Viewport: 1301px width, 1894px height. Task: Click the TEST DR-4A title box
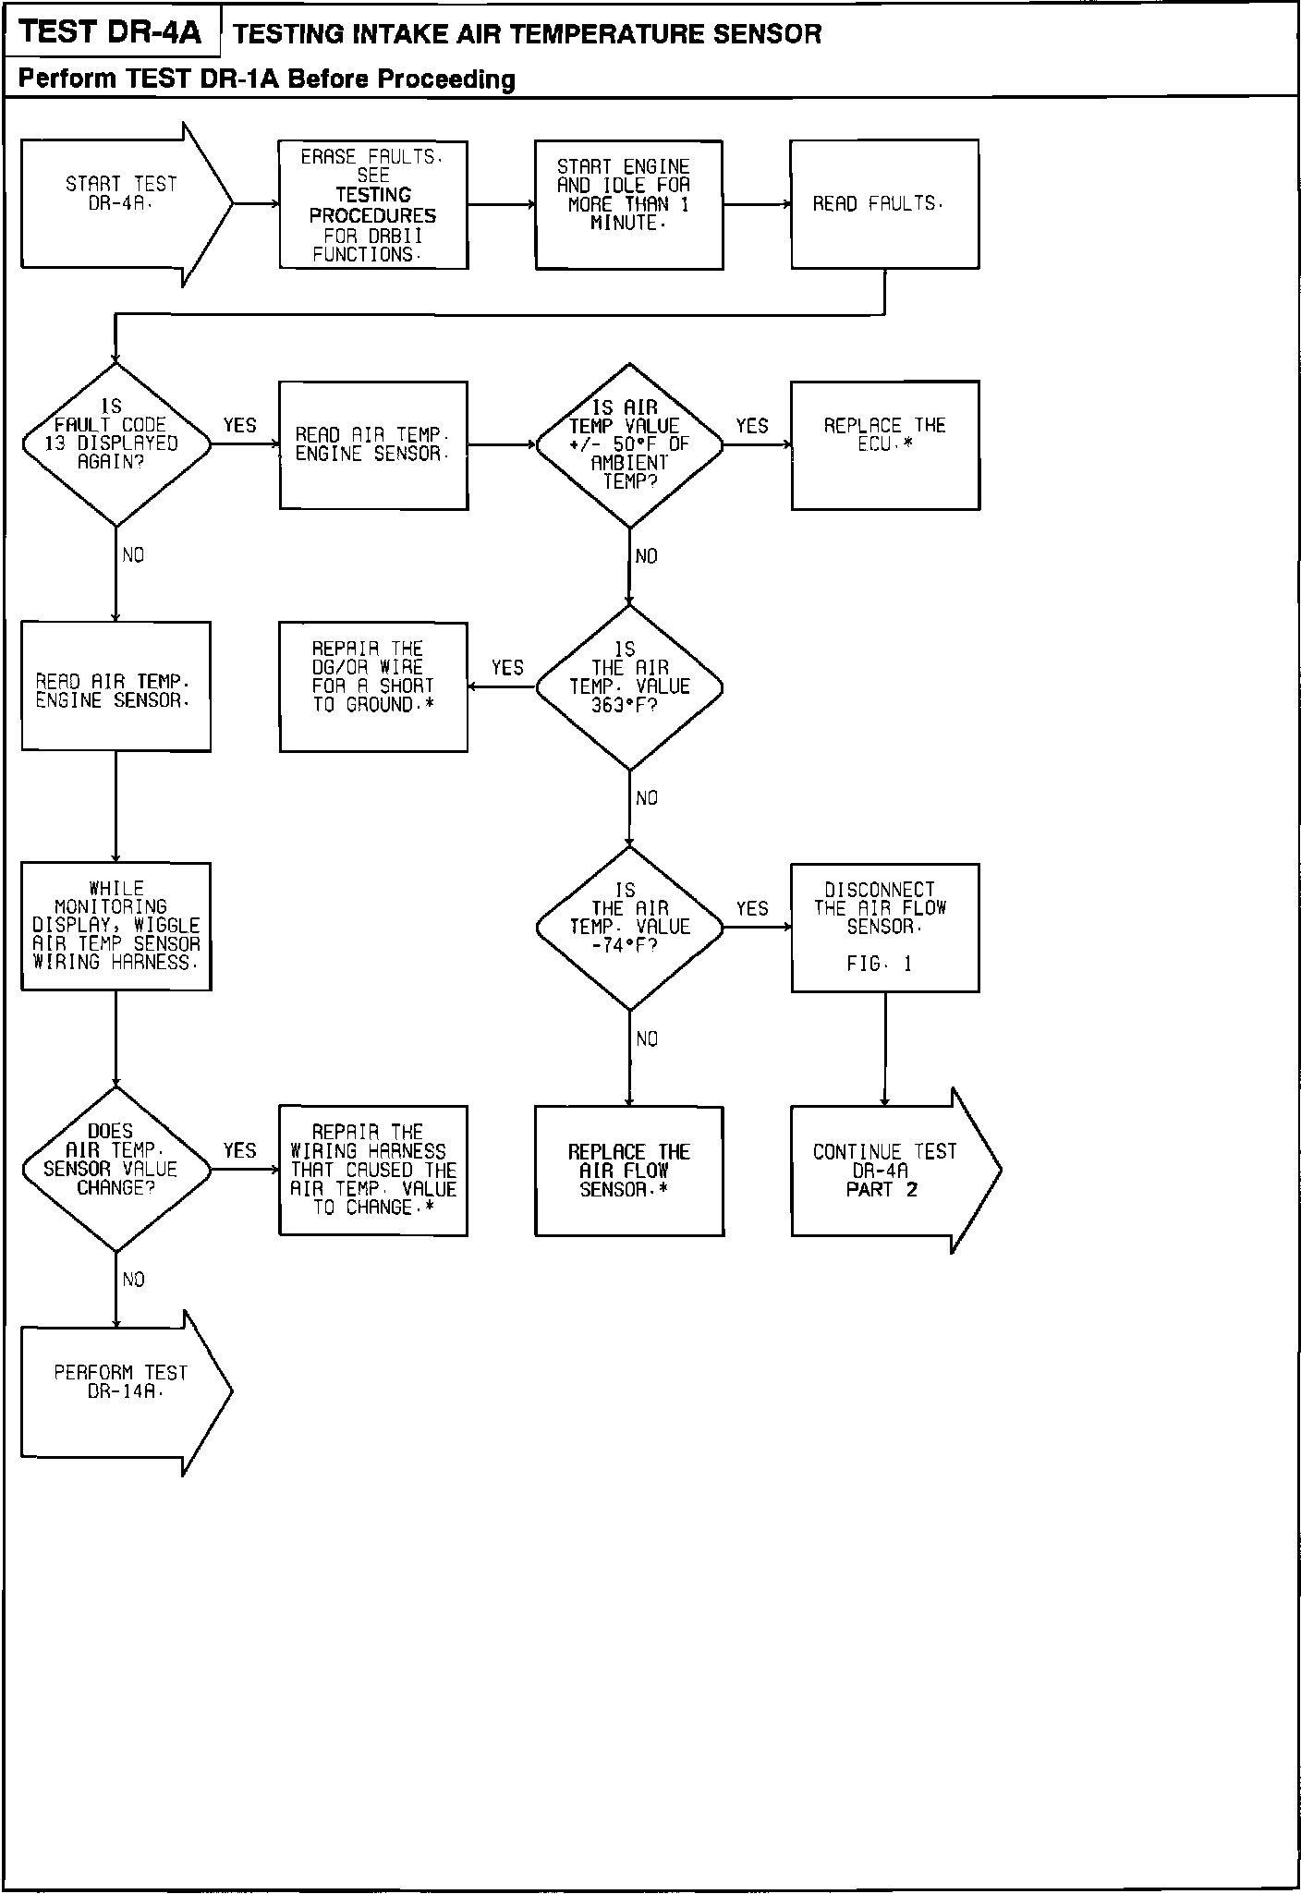111,33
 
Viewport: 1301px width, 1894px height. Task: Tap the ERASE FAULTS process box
373,205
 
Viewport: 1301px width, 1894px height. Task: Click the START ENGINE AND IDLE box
628,205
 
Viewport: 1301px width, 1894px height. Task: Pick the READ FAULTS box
884,204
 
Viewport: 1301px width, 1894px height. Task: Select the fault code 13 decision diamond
116,444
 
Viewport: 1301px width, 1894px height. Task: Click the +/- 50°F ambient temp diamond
629,445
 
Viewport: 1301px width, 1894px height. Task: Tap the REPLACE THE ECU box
885,444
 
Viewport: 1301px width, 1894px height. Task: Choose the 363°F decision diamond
629,686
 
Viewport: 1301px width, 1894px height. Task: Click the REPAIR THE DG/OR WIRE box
373,686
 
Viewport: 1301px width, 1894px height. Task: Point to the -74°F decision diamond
629,927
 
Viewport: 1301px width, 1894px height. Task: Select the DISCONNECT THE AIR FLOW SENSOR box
885,928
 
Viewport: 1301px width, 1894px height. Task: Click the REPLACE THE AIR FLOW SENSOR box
629,1171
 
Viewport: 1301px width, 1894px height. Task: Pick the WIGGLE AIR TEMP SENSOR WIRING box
116,927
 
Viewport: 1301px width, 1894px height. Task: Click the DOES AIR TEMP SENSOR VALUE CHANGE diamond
116,1169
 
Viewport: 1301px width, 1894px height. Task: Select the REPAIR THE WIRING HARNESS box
373,1171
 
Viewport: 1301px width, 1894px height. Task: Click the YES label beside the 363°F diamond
507,667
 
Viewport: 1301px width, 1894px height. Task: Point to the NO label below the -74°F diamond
647,1039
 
